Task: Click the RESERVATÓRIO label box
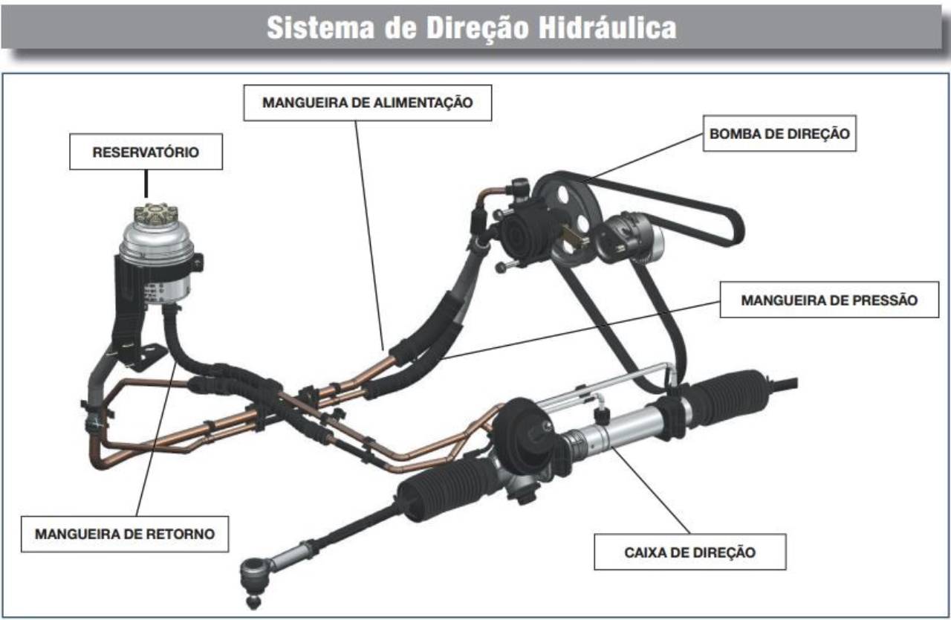pyautogui.click(x=146, y=152)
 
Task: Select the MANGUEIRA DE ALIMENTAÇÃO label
pyautogui.click(x=368, y=103)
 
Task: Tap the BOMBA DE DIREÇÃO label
pyautogui.click(x=779, y=133)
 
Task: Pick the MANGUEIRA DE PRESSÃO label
pyautogui.click(x=829, y=300)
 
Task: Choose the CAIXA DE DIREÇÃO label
pyautogui.click(x=690, y=552)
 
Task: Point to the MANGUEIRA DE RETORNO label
pyautogui.click(x=125, y=534)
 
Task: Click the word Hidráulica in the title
pyautogui.click(x=607, y=28)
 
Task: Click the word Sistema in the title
pyautogui.click(x=320, y=28)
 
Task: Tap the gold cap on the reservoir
pyautogui.click(x=156, y=213)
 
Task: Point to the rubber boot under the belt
pyautogui.click(x=721, y=398)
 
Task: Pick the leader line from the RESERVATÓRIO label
pyautogui.click(x=146, y=184)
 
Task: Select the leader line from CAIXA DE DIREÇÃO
pyautogui.click(x=650, y=490)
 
